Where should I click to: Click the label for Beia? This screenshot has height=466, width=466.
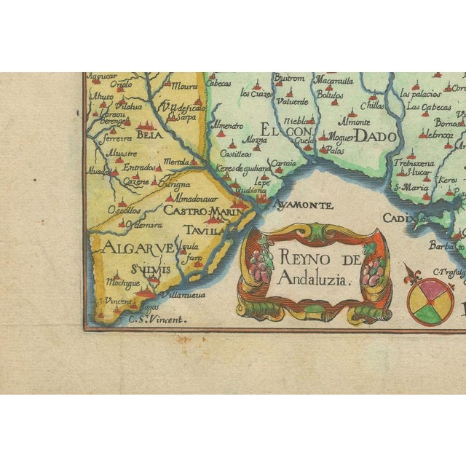coord(149,135)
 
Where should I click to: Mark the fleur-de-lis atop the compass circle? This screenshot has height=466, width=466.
coord(413,275)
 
